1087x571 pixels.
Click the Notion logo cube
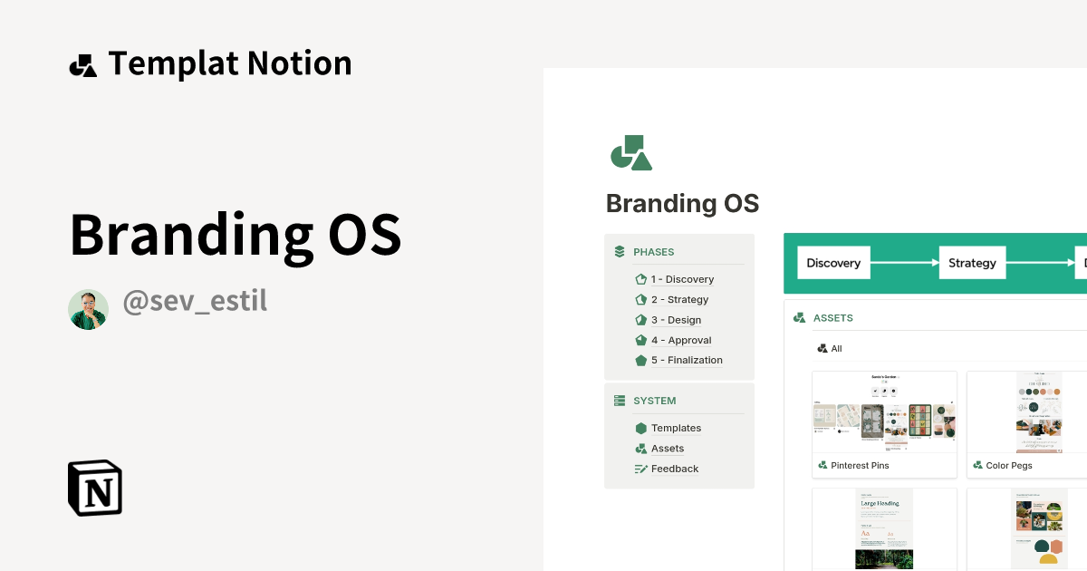point(95,488)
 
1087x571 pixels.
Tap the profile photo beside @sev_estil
point(88,309)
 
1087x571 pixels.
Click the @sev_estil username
point(195,301)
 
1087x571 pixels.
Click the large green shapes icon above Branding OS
point(631,153)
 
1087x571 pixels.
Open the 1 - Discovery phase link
point(682,279)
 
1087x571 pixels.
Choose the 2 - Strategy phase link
point(679,300)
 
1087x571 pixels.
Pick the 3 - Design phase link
point(676,320)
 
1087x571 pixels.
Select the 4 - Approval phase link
point(681,340)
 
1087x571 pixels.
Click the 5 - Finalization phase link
point(687,360)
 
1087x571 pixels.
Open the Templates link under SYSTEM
point(676,428)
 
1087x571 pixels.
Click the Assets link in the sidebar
point(668,449)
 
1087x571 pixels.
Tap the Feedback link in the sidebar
point(675,469)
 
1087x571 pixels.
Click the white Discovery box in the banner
point(833,263)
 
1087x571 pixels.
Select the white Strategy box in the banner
point(972,263)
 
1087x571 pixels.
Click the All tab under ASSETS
point(836,349)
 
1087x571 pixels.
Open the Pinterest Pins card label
point(860,466)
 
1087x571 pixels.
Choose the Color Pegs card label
point(1009,466)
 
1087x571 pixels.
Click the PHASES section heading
point(653,252)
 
